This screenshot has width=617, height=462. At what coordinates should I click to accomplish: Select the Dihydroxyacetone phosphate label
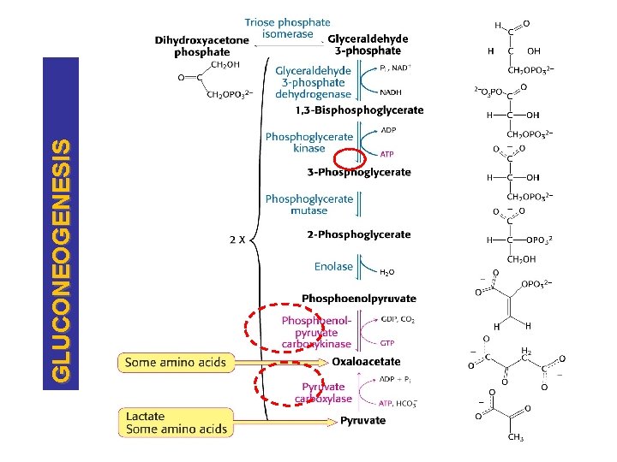click(x=201, y=45)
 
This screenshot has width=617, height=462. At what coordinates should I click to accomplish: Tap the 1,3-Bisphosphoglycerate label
click(x=359, y=110)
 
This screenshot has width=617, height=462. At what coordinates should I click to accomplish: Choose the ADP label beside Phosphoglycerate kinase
click(x=388, y=130)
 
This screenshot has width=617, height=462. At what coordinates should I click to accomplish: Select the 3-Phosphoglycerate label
click(x=359, y=172)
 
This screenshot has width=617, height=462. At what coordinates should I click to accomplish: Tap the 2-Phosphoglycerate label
click(x=359, y=234)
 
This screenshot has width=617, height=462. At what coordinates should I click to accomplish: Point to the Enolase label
click(x=333, y=266)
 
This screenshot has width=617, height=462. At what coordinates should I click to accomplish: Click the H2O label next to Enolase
click(x=387, y=273)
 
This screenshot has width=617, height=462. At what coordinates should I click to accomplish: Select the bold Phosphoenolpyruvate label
click(x=359, y=299)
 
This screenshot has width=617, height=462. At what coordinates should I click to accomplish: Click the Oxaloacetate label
click(x=366, y=362)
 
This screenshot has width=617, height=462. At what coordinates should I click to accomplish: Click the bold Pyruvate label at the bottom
click(x=362, y=420)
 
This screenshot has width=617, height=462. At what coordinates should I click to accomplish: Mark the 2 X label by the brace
click(x=238, y=240)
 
